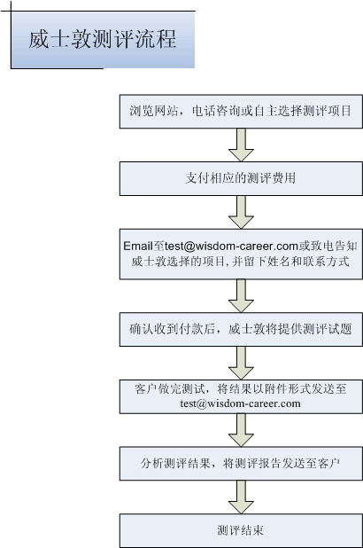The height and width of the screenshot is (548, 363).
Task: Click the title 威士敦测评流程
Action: pyautogui.click(x=103, y=39)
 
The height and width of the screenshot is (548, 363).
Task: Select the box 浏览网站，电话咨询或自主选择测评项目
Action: pyautogui.click(x=241, y=111)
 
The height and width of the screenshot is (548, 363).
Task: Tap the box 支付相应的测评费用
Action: pyautogui.click(x=241, y=178)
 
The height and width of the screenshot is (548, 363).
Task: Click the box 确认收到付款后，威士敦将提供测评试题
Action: pyautogui.click(x=241, y=329)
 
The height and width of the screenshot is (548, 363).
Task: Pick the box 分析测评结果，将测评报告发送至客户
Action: pyautogui.click(x=241, y=464)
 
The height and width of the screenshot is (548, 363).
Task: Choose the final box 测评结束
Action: pyautogui.click(x=241, y=530)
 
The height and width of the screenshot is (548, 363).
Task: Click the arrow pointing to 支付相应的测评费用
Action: pyautogui.click(x=241, y=145)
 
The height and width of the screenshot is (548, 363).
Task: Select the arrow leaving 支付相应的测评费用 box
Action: pyautogui.click(x=241, y=212)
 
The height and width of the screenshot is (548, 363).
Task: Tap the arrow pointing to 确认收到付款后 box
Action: pyautogui.click(x=241, y=295)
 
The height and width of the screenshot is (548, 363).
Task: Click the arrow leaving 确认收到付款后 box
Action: pyautogui.click(x=241, y=363)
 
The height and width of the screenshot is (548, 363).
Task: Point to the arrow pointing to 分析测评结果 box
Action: pyautogui.click(x=241, y=430)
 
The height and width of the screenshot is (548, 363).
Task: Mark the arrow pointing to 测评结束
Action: pyautogui.click(x=241, y=497)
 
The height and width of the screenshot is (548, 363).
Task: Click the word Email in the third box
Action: pyautogui.click(x=138, y=246)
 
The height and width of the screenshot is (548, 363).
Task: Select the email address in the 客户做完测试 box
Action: pyautogui.click(x=240, y=403)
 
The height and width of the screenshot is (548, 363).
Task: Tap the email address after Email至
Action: pyautogui.click(x=231, y=246)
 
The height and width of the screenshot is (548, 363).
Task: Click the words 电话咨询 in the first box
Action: pyautogui.click(x=216, y=111)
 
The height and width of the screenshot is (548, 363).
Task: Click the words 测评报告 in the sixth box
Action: pyautogui.click(x=258, y=464)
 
